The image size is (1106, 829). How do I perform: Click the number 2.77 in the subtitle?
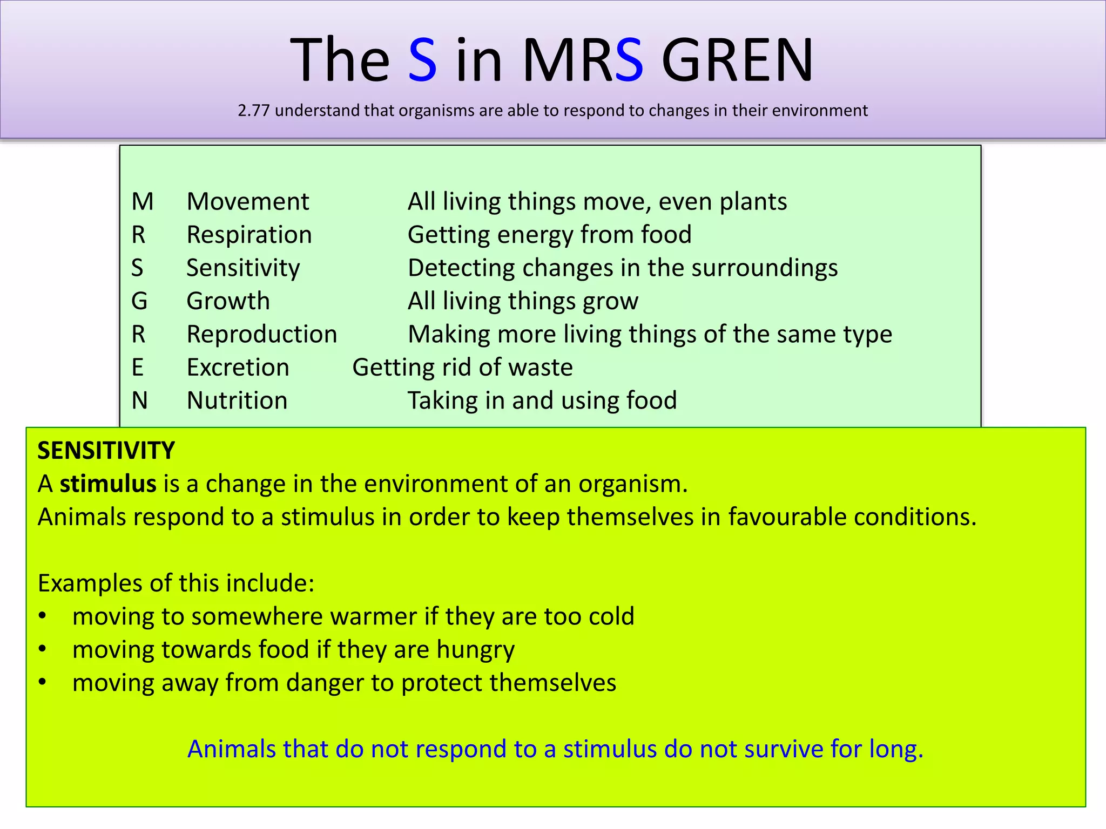(x=253, y=111)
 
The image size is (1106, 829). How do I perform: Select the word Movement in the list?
(x=248, y=202)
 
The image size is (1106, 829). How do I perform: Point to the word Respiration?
(x=249, y=235)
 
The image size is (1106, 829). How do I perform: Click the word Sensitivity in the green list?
(x=243, y=268)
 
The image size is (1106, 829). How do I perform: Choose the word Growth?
(x=228, y=301)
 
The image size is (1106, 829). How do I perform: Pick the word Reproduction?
(x=262, y=335)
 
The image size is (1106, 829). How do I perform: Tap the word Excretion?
(x=238, y=368)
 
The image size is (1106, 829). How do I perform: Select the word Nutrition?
(x=237, y=401)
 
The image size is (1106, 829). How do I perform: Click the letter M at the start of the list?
(x=143, y=202)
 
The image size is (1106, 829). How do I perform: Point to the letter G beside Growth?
(x=139, y=301)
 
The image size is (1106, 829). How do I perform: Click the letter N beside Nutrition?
(x=140, y=401)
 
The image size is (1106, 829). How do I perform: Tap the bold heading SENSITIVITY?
(x=106, y=451)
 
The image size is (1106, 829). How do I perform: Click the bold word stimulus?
(x=108, y=484)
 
